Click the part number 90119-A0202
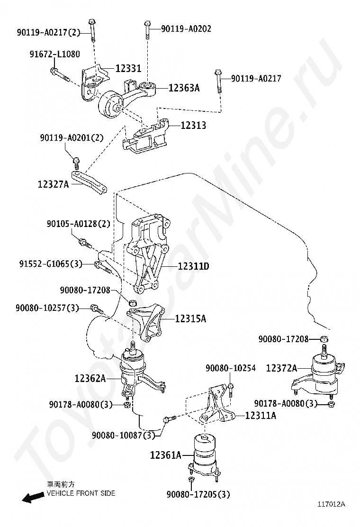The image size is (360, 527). (x=186, y=29)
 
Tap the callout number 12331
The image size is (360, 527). (x=128, y=69)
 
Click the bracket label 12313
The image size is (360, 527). (x=193, y=126)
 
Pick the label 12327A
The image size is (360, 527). (x=54, y=183)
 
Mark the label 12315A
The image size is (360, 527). (x=190, y=319)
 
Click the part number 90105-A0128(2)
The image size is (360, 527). (x=78, y=223)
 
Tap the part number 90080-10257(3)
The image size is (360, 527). (x=47, y=308)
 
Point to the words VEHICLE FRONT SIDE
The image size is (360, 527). (x=81, y=493)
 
